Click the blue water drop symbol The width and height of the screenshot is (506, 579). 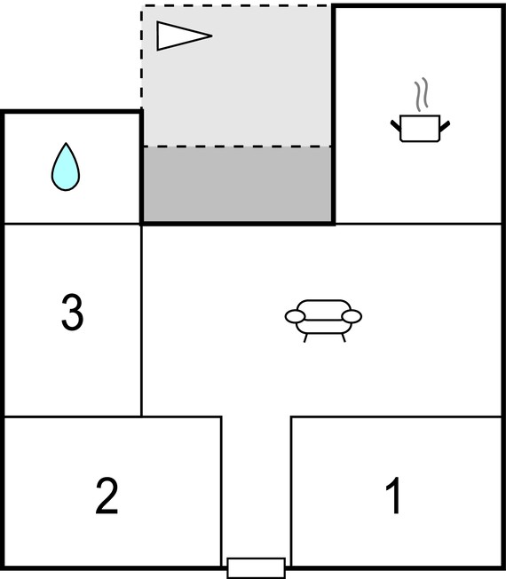pyautogui.click(x=66, y=168)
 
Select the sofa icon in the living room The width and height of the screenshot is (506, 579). pyautogui.click(x=323, y=321)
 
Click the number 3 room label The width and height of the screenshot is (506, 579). pyautogui.click(x=72, y=312)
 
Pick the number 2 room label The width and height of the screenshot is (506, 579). pyautogui.click(x=107, y=496)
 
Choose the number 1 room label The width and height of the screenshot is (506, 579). pyautogui.click(x=393, y=496)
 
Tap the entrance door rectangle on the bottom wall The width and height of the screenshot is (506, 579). pyautogui.click(x=257, y=568)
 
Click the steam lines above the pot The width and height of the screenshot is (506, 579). pyautogui.click(x=422, y=94)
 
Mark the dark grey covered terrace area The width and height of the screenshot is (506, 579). pyautogui.click(x=237, y=185)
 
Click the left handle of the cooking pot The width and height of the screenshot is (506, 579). pyautogui.click(x=396, y=125)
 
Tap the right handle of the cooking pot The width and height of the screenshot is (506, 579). pyautogui.click(x=445, y=126)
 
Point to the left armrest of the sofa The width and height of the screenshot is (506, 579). pyautogui.click(x=295, y=316)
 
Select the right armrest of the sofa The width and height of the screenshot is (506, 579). pyautogui.click(x=352, y=316)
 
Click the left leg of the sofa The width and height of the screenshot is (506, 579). pyautogui.click(x=305, y=337)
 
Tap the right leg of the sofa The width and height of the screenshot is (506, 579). pyautogui.click(x=344, y=337)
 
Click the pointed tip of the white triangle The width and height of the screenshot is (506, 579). pyautogui.click(x=212, y=36)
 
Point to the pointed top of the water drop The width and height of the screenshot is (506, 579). pyautogui.click(x=66, y=143)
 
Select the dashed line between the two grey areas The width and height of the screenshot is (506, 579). pyautogui.click(x=237, y=147)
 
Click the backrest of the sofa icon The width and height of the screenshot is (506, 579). pyautogui.click(x=324, y=309)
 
